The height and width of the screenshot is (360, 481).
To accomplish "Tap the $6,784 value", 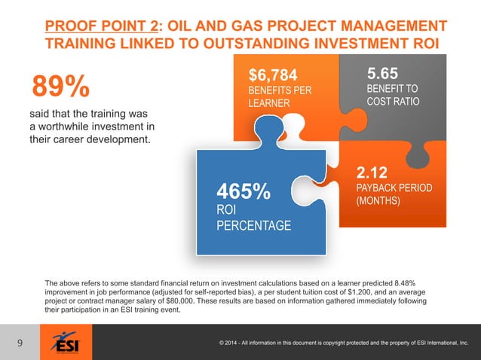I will (x=274, y=75).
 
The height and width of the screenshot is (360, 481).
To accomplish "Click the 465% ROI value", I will (x=244, y=192).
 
